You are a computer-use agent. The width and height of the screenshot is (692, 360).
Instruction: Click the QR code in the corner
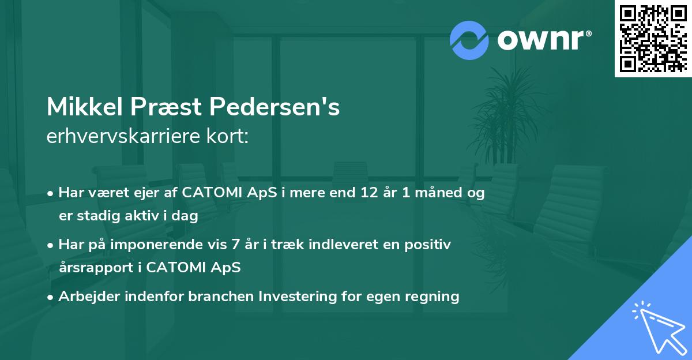[x=653, y=38]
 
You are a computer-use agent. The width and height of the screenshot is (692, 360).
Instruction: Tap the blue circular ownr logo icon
[x=469, y=40]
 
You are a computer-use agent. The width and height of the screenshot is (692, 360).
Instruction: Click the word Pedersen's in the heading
[x=274, y=107]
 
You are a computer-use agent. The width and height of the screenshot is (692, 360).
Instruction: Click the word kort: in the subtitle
[x=228, y=136]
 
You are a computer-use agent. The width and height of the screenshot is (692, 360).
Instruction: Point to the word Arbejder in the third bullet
[x=85, y=297]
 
